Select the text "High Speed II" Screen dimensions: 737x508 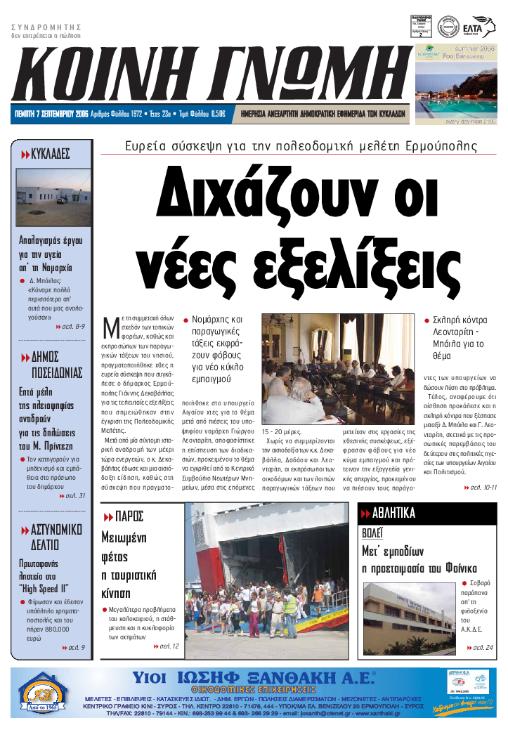tap(44, 588)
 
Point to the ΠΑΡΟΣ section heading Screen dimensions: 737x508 tap(126, 516)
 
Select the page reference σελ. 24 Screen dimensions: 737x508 tap(481, 647)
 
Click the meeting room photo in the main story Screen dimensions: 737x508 tap(338, 368)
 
